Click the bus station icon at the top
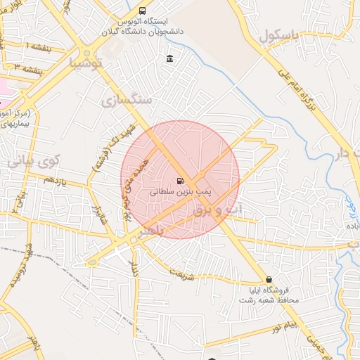tap(143, 11)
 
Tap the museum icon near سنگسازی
tap(169, 58)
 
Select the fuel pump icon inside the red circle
tap(181, 181)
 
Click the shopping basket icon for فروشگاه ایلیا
tap(269, 279)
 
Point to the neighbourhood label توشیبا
tap(86, 64)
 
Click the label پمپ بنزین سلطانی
tap(181, 191)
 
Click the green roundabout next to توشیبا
tap(87, 53)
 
